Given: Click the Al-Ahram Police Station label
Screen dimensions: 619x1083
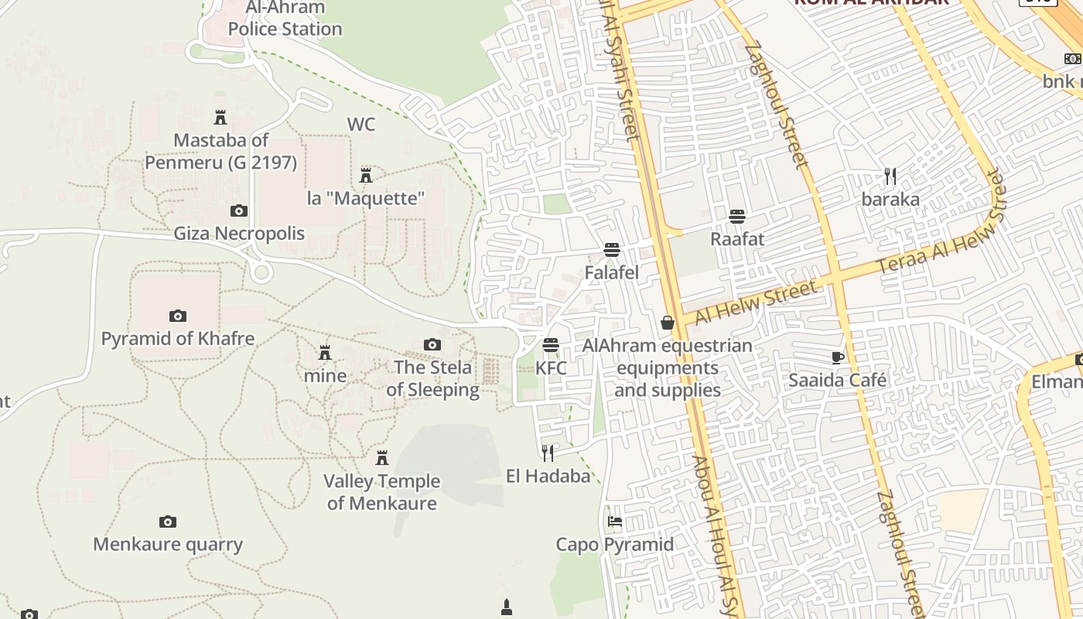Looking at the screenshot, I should (285, 19).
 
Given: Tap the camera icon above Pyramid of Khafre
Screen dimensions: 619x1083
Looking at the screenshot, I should (178, 316).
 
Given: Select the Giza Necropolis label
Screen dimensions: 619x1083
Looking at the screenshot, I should (239, 233).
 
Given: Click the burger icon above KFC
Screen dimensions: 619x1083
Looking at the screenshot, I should (551, 345).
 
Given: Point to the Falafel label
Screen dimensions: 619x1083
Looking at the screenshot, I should (611, 272).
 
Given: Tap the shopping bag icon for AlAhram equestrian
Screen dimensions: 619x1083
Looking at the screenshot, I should (668, 323).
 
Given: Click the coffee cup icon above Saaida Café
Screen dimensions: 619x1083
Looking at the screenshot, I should (837, 357).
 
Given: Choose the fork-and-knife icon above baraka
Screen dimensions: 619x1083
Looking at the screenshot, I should (890, 176).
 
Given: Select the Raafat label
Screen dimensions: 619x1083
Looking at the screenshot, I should (737, 239).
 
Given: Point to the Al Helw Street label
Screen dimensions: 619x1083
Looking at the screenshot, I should (755, 303).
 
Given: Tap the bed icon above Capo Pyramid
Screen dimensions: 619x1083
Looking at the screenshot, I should (615, 522).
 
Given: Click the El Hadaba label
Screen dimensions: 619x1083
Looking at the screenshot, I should (548, 476).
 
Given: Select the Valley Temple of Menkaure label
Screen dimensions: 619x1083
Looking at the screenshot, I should (381, 492).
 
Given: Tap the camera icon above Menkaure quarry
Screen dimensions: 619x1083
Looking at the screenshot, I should (168, 522).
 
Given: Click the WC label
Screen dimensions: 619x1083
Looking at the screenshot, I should (361, 125).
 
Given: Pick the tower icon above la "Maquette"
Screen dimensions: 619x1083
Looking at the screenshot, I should (366, 176).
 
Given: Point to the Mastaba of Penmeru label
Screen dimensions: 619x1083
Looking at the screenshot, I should (221, 152).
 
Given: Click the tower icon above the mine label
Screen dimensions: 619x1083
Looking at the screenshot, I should (325, 353).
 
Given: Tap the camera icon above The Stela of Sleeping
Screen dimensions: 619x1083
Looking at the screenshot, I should (432, 345).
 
